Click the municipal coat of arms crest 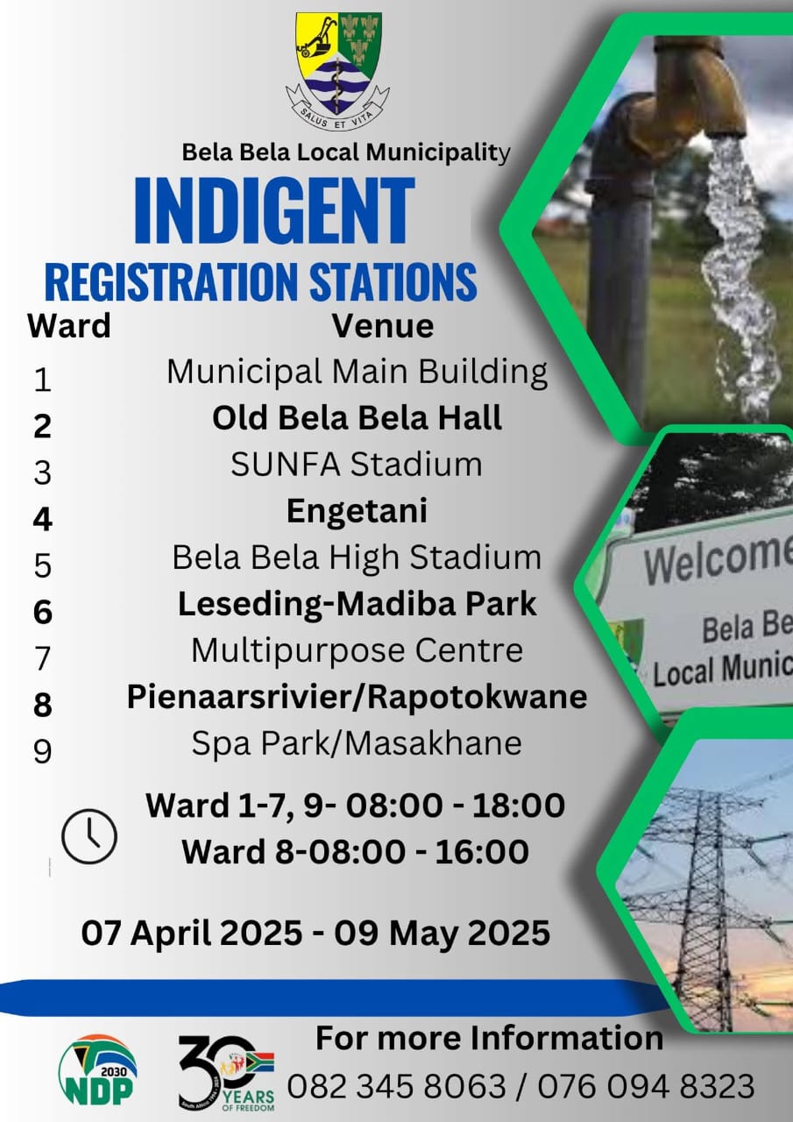338,70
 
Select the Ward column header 69,326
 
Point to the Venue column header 383,326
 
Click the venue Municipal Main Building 357,373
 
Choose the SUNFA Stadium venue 357,465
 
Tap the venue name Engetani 357,512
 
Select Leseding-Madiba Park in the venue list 357,604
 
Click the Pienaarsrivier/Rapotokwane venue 357,696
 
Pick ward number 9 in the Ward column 43,751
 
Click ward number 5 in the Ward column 43,566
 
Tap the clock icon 89,836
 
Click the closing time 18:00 519,806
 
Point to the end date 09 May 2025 442,933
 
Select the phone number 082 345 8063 396,1086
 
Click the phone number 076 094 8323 646,1086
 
